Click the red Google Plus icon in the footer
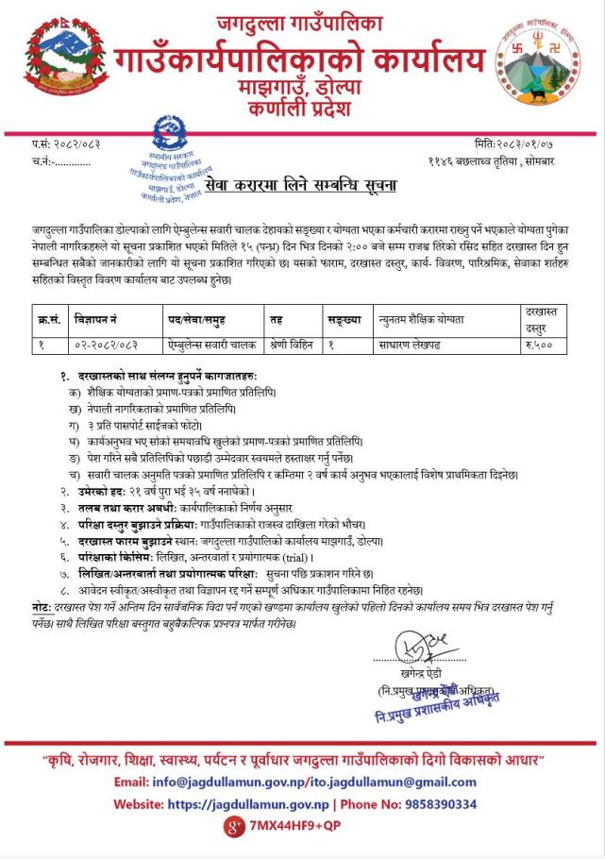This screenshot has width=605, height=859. [231, 828]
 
